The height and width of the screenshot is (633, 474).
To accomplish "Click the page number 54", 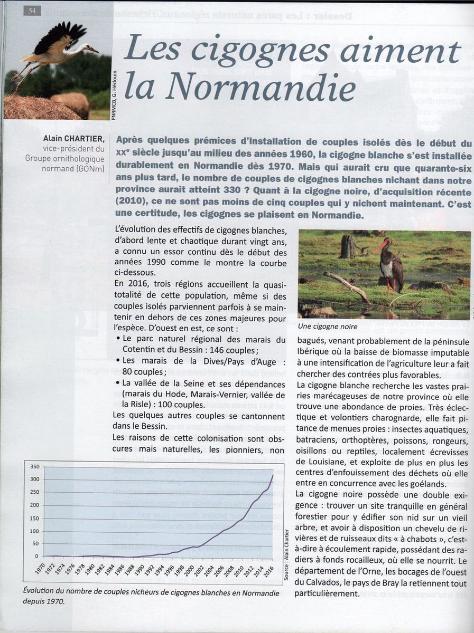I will click(31, 11).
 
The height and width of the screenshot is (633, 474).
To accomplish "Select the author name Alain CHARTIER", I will click(74, 139).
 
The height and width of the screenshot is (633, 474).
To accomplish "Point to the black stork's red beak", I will click(379, 246).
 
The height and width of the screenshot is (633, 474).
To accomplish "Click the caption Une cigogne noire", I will click(328, 327).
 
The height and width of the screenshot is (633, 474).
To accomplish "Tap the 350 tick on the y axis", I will click(34, 467).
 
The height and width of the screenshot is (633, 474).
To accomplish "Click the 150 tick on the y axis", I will click(34, 518).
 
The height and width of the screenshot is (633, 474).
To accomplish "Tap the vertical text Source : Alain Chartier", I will click(286, 555).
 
